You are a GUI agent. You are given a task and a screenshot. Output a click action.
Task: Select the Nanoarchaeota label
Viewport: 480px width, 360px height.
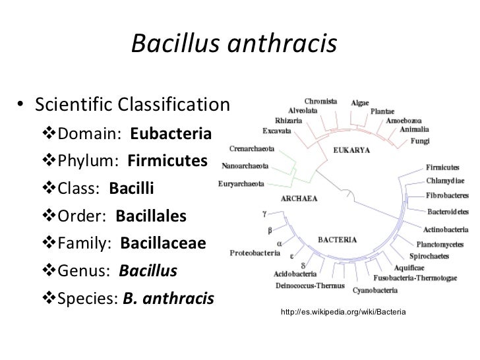(244, 165)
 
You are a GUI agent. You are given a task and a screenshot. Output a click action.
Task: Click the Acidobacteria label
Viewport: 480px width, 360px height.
(294, 275)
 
